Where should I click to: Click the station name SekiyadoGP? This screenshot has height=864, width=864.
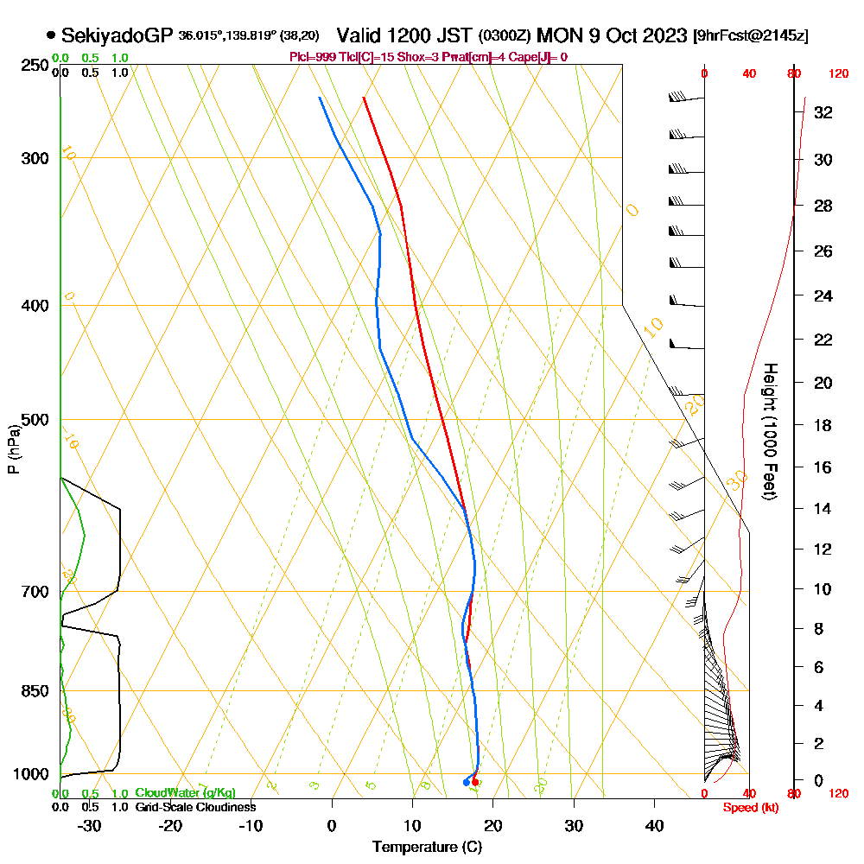pos(118,35)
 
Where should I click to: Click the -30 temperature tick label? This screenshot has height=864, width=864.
pos(89,825)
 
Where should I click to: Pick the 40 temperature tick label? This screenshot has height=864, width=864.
pos(654,825)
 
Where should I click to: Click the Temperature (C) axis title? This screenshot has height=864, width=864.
pos(427,848)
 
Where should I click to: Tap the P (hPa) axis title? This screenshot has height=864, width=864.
pos(13,448)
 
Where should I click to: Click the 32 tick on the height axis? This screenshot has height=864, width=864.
pos(823,112)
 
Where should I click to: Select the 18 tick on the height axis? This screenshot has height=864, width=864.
pos(823,425)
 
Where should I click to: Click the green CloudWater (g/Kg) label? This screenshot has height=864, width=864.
pos(185,793)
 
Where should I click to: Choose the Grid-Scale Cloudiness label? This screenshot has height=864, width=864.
pos(195,807)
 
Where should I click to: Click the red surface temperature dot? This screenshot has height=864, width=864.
pos(475,782)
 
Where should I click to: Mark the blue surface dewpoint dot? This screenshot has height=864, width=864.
pos(467,782)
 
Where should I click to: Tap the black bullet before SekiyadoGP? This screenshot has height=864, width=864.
pos(51,35)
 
